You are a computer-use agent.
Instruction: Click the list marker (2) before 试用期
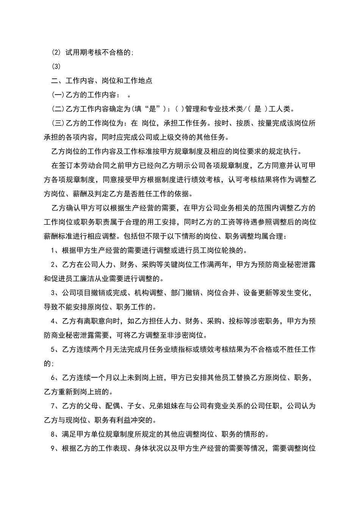pyautogui.click(x=56, y=53)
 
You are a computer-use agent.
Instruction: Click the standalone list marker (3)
pyautogui.click(x=56, y=67)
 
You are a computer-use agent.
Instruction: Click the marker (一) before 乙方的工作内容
pyautogui.click(x=58, y=95)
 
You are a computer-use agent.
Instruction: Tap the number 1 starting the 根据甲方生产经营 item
pyautogui.click(x=53, y=250)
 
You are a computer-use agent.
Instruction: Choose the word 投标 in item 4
pyautogui.click(x=235, y=321)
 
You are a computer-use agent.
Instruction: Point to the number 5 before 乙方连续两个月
pyautogui.click(x=53, y=350)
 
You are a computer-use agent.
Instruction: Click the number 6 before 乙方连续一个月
pyautogui.click(x=53, y=378)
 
